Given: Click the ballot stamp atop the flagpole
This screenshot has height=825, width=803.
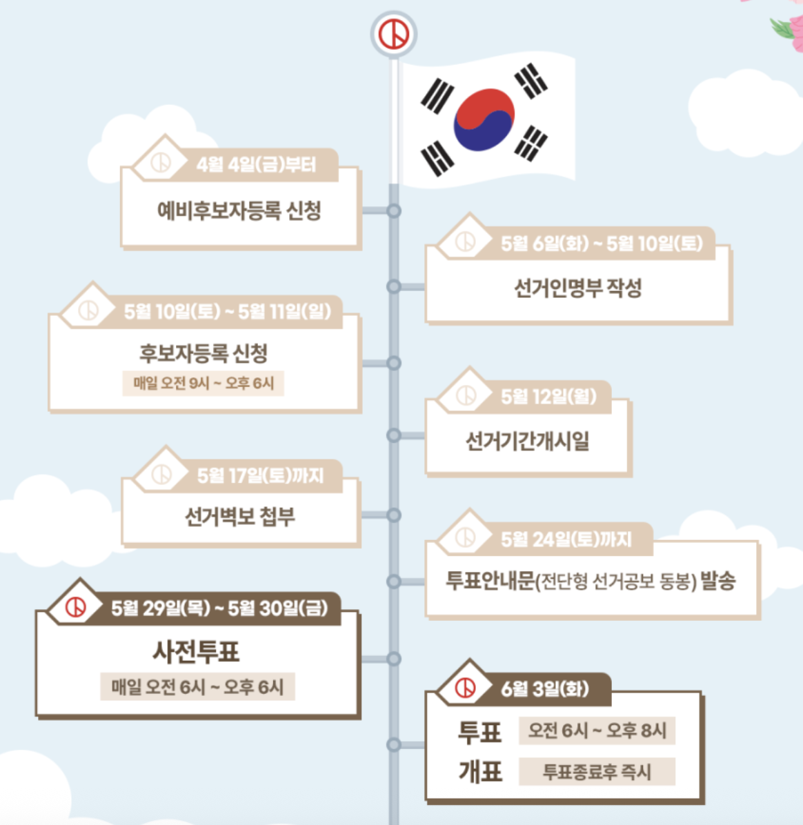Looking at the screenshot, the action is pos(394,34).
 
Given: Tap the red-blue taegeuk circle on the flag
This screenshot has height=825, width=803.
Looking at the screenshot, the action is pos(484,120).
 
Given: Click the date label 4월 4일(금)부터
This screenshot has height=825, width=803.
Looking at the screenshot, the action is pos(256,165).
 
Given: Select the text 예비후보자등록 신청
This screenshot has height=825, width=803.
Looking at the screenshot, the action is pos(239,210).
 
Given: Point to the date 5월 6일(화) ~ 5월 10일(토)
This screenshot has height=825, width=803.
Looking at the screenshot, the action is pos(602,243).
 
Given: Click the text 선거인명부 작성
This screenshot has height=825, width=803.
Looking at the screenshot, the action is pos(577,288).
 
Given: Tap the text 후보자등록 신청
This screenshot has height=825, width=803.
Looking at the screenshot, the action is pos(204,353).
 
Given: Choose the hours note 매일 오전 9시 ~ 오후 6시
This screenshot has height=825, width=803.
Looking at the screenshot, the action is pos(204,384).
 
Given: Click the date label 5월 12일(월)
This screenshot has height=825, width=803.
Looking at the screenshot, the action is pos(548,397).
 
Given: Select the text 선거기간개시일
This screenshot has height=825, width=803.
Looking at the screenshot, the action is pos(528,441).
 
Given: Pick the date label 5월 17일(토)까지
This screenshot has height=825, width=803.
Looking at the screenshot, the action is pos(260,476).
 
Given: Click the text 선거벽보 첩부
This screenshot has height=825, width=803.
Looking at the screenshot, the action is pos(239,517).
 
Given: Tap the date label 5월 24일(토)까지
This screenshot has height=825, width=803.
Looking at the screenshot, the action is pos(566,539).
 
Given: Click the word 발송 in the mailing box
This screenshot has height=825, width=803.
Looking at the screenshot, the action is pos(718,581).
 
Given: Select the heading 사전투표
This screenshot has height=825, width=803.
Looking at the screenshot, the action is pos(196,652).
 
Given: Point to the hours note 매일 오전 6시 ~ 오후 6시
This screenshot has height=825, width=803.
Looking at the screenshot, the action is pos(197,687).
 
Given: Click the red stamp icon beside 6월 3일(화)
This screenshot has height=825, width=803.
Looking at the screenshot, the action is pos(466,688).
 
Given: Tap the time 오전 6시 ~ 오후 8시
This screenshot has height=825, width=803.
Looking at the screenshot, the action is pos(597,730).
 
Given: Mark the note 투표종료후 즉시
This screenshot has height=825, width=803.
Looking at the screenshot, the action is pos(597,772).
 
